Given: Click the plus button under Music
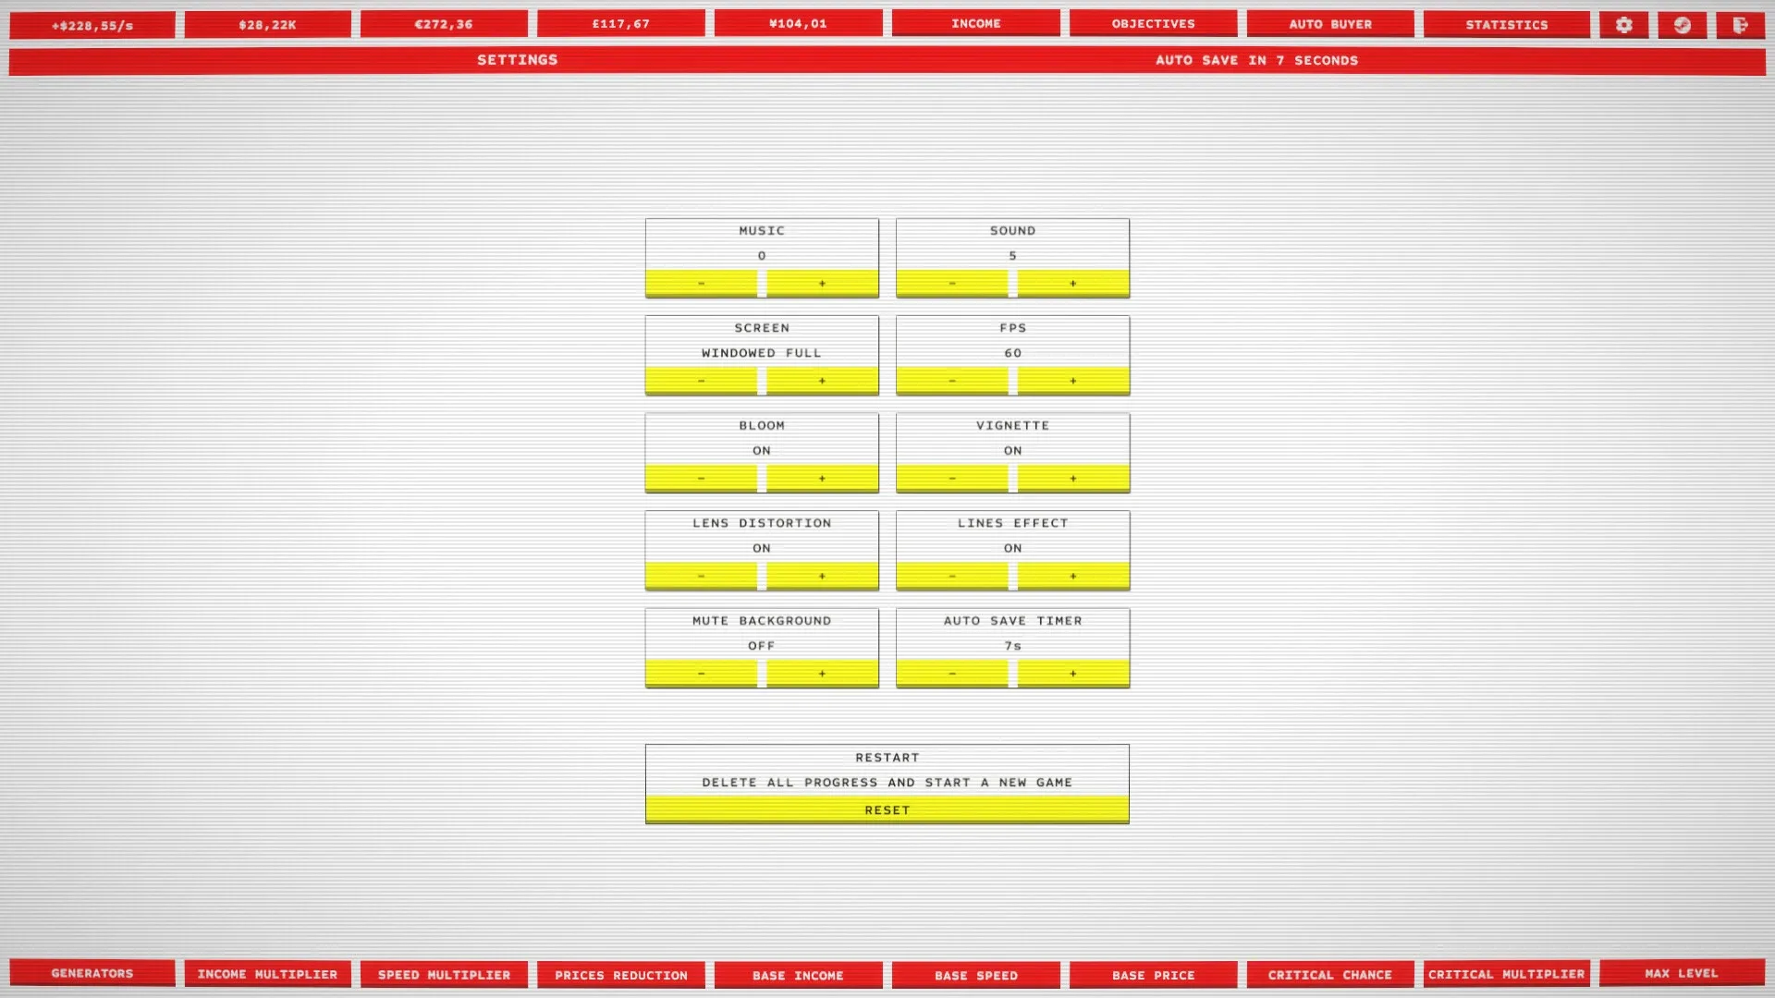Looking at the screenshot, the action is tap(822, 284).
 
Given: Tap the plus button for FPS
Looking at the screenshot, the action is tap(1072, 381).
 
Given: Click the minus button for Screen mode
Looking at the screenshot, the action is tap(701, 381).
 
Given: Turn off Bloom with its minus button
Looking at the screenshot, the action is tap(701, 479).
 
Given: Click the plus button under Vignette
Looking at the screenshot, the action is tap(1072, 479).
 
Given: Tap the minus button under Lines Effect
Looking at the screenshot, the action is tap(952, 577).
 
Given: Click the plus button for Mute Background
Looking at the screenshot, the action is tap(822, 674).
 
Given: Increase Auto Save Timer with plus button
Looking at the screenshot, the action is tap(1072, 674).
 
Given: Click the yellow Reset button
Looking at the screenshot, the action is tap(887, 810).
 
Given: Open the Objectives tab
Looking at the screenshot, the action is tap(1154, 24).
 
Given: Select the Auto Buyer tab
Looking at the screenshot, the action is tap(1330, 24).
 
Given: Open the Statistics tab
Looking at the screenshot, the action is tap(1507, 25).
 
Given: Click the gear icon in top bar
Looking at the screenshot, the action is tap(1624, 25).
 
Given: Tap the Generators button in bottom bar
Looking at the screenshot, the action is tap(92, 973).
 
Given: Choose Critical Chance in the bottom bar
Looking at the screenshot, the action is tap(1330, 975).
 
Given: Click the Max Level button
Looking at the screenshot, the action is tap(1682, 973).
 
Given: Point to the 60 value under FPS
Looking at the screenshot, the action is tap(1013, 353).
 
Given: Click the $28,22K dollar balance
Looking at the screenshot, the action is tap(268, 25).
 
